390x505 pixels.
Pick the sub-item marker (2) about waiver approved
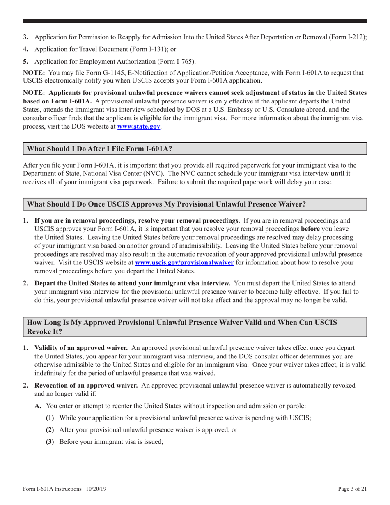point(50,430)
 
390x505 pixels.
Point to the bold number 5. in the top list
point(25,62)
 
